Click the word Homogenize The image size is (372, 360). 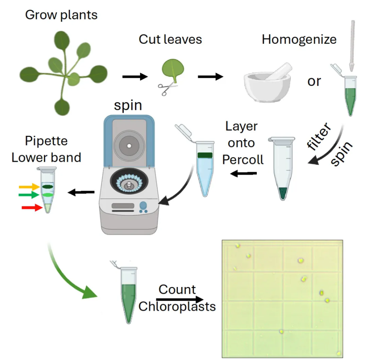[299, 40]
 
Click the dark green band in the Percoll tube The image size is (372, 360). [205, 155]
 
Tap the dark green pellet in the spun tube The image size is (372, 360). [283, 193]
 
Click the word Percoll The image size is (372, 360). [243, 160]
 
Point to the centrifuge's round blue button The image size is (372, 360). [143, 205]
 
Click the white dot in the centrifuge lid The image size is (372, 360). [129, 146]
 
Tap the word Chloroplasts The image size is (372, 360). [177, 306]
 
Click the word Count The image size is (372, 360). [177, 289]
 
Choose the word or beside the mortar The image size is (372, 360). [314, 81]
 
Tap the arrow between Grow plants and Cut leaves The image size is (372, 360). [135, 77]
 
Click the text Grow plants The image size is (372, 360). [61, 15]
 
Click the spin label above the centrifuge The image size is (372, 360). [128, 106]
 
